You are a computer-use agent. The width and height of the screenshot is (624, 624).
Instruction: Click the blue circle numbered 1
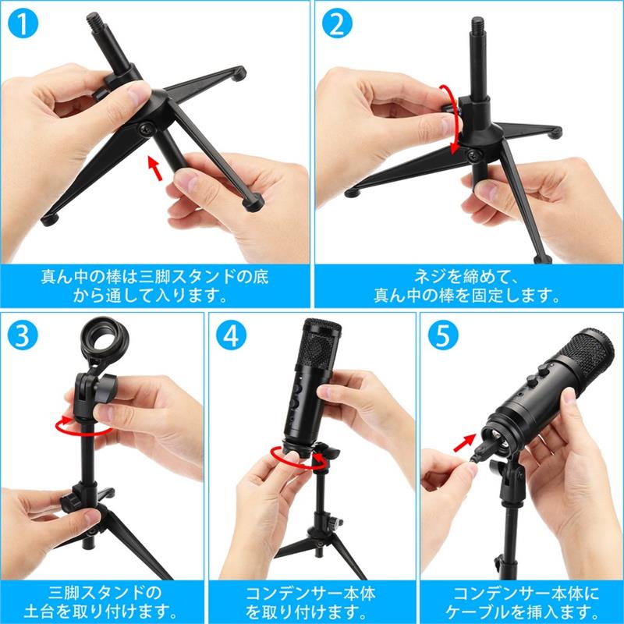tap(23, 23)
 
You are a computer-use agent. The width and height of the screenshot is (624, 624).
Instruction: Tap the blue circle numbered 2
tap(337, 23)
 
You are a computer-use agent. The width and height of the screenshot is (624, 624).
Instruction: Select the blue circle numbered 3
tap(23, 335)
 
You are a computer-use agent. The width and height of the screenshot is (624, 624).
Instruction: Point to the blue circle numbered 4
tap(231, 335)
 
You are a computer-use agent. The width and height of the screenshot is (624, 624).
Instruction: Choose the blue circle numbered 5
tap(443, 335)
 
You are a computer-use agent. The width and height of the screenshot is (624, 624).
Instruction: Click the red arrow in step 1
tap(155, 168)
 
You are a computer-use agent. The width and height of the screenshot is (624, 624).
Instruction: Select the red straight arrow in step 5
tap(464, 443)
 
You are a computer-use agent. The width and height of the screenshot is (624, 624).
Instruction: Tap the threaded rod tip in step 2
tap(477, 27)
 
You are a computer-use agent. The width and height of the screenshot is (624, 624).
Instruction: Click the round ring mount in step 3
tap(105, 339)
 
